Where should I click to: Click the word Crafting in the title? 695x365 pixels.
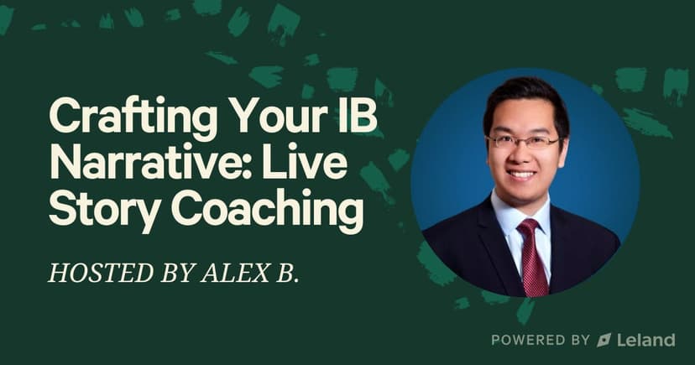[133, 116]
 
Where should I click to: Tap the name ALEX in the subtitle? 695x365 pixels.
[234, 273]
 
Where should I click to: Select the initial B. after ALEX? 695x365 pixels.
[285, 273]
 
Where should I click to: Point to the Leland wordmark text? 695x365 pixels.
[645, 340]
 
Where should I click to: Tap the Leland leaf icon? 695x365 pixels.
[604, 340]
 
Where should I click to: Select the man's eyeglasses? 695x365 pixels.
[524, 142]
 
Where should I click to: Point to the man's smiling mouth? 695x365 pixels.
[522, 175]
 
